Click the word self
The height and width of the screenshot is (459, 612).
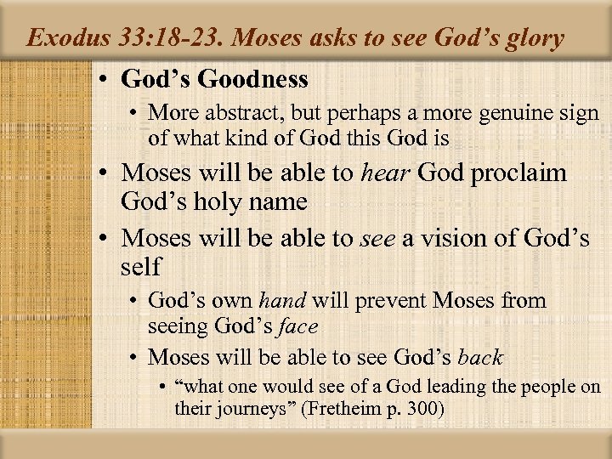(x=141, y=267)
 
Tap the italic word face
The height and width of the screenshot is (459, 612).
(x=297, y=326)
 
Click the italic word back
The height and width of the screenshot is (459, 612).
(x=480, y=357)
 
